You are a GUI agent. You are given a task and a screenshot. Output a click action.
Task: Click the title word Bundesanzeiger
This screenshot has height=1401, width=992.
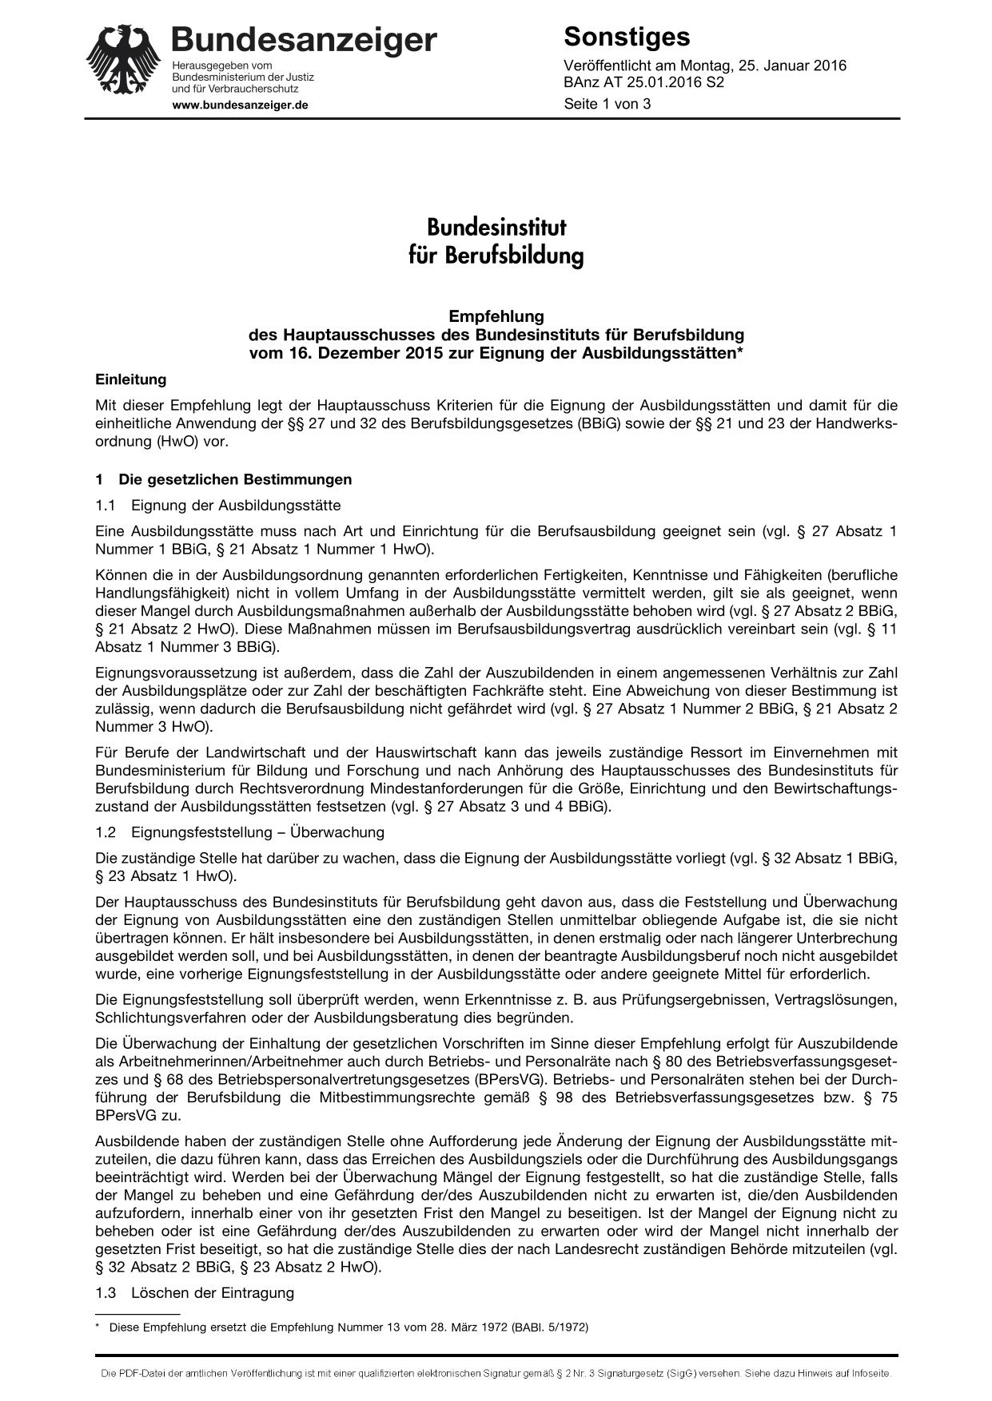(304, 40)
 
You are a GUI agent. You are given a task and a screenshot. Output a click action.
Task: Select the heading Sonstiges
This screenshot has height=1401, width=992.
(627, 37)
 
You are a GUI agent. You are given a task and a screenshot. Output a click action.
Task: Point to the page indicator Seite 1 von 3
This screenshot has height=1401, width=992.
(608, 104)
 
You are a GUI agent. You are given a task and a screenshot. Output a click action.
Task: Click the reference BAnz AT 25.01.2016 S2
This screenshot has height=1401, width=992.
(643, 82)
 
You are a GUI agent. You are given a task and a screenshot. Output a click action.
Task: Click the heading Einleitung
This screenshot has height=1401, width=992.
(130, 379)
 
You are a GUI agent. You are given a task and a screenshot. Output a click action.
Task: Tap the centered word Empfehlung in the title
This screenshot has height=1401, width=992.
(496, 316)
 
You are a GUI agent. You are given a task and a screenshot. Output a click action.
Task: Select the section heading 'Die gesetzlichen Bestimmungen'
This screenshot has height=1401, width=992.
(235, 479)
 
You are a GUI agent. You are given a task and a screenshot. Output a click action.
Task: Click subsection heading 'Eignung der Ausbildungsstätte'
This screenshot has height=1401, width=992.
(236, 505)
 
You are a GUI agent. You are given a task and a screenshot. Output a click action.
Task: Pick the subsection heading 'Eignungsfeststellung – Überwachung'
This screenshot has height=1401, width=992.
(257, 832)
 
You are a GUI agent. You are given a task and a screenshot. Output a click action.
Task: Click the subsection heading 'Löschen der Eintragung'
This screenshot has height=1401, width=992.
(213, 1292)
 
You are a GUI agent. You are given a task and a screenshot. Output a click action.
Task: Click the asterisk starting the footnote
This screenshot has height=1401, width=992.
(98, 1328)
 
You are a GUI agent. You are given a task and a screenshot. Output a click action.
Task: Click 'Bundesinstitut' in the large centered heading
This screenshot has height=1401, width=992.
(496, 228)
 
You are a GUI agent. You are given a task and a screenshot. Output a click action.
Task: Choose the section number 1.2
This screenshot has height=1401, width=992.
(106, 832)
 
